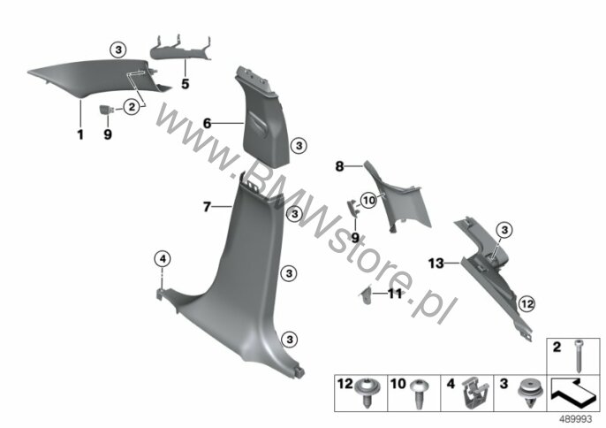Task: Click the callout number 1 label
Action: pyautogui.click(x=80, y=134)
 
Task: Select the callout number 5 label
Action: pyautogui.click(x=186, y=84)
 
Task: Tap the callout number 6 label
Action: pyautogui.click(x=207, y=124)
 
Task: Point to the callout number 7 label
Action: pyautogui.click(x=207, y=207)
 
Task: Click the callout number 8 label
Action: pyautogui.click(x=339, y=166)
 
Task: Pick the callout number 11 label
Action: pyautogui.click(x=395, y=294)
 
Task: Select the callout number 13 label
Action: pyautogui.click(x=436, y=264)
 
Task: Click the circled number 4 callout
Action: pyautogui.click(x=163, y=259)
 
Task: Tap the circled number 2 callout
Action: pyautogui.click(x=132, y=106)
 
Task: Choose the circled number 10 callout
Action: pyautogui.click(x=368, y=201)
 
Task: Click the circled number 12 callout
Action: pyautogui.click(x=527, y=304)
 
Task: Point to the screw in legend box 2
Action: pyautogui.click(x=579, y=356)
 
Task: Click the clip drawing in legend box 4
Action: pyautogui.click(x=476, y=394)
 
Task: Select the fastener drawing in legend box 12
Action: pyautogui.click(x=366, y=392)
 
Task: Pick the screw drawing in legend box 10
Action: pyautogui.click(x=420, y=393)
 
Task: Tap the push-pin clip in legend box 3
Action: pyautogui.click(x=529, y=394)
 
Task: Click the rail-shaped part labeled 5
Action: pyautogui.click(x=181, y=49)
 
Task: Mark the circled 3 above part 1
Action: pyautogui.click(x=118, y=50)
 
